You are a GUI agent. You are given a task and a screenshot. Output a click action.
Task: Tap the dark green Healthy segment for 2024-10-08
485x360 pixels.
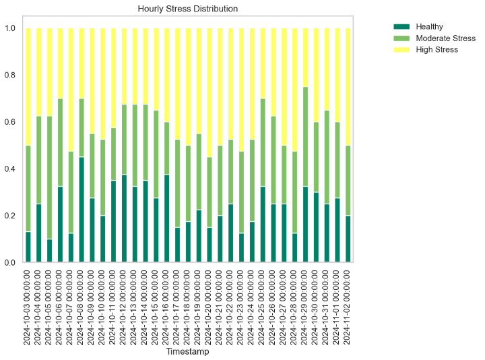[x=82, y=210]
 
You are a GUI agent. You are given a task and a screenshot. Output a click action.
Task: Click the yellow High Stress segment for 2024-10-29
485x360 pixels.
[x=306, y=57]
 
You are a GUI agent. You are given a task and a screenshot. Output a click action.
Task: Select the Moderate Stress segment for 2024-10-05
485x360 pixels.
[x=50, y=177]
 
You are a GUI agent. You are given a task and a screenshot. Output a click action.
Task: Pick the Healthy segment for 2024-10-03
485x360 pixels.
[x=28, y=247]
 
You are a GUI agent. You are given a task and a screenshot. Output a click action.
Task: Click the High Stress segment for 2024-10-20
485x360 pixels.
[x=209, y=92]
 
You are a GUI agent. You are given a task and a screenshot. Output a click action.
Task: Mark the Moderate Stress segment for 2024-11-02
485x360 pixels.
[x=348, y=180]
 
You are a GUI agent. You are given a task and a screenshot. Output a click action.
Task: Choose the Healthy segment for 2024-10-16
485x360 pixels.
[x=167, y=218]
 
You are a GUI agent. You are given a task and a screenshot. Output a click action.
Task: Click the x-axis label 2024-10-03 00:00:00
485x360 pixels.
[x=28, y=303]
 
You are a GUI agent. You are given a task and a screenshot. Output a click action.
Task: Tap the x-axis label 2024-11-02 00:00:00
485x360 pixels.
[x=348, y=303]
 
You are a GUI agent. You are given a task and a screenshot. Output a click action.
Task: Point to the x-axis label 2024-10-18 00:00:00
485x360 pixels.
[x=189, y=303]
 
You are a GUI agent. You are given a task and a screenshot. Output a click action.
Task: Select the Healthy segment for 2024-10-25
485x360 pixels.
[x=263, y=224]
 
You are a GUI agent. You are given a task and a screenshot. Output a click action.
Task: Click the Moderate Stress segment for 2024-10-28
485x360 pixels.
[x=295, y=192]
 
